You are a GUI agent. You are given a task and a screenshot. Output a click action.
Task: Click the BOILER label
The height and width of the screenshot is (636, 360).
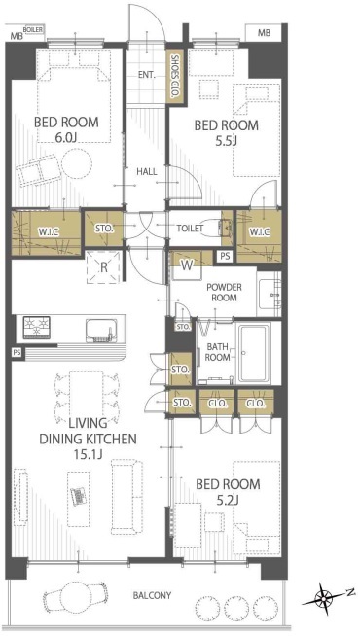tap(33, 29)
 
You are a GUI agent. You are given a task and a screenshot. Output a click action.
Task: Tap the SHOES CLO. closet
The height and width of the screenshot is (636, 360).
tap(175, 77)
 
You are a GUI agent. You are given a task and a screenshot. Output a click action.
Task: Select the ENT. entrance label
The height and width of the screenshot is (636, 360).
tap(146, 76)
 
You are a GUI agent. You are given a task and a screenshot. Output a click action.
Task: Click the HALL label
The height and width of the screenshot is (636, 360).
tap(147, 171)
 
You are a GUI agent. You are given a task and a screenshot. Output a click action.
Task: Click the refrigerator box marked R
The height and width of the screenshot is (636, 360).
tap(103, 266)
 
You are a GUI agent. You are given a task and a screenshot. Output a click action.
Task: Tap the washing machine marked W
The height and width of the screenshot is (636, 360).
tap(186, 266)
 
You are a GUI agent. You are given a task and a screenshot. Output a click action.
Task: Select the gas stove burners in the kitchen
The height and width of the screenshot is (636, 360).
tap(37, 327)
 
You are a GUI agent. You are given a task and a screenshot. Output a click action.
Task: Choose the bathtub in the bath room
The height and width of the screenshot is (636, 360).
tap(254, 353)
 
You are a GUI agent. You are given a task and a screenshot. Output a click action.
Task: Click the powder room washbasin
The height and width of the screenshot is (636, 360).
tap(269, 294)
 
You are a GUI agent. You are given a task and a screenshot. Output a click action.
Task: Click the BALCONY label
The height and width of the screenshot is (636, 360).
tap(152, 596)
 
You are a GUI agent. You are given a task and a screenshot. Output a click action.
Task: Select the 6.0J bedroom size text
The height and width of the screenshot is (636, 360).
tap(66, 138)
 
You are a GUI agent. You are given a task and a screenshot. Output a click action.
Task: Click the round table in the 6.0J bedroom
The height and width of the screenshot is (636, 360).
tap(77, 163)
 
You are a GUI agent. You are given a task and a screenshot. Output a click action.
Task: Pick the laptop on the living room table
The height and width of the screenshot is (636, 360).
tap(79, 496)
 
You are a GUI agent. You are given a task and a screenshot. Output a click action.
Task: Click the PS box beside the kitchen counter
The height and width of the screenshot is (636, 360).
tap(17, 352)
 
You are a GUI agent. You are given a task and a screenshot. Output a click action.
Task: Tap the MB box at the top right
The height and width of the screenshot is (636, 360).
tap(264, 32)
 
